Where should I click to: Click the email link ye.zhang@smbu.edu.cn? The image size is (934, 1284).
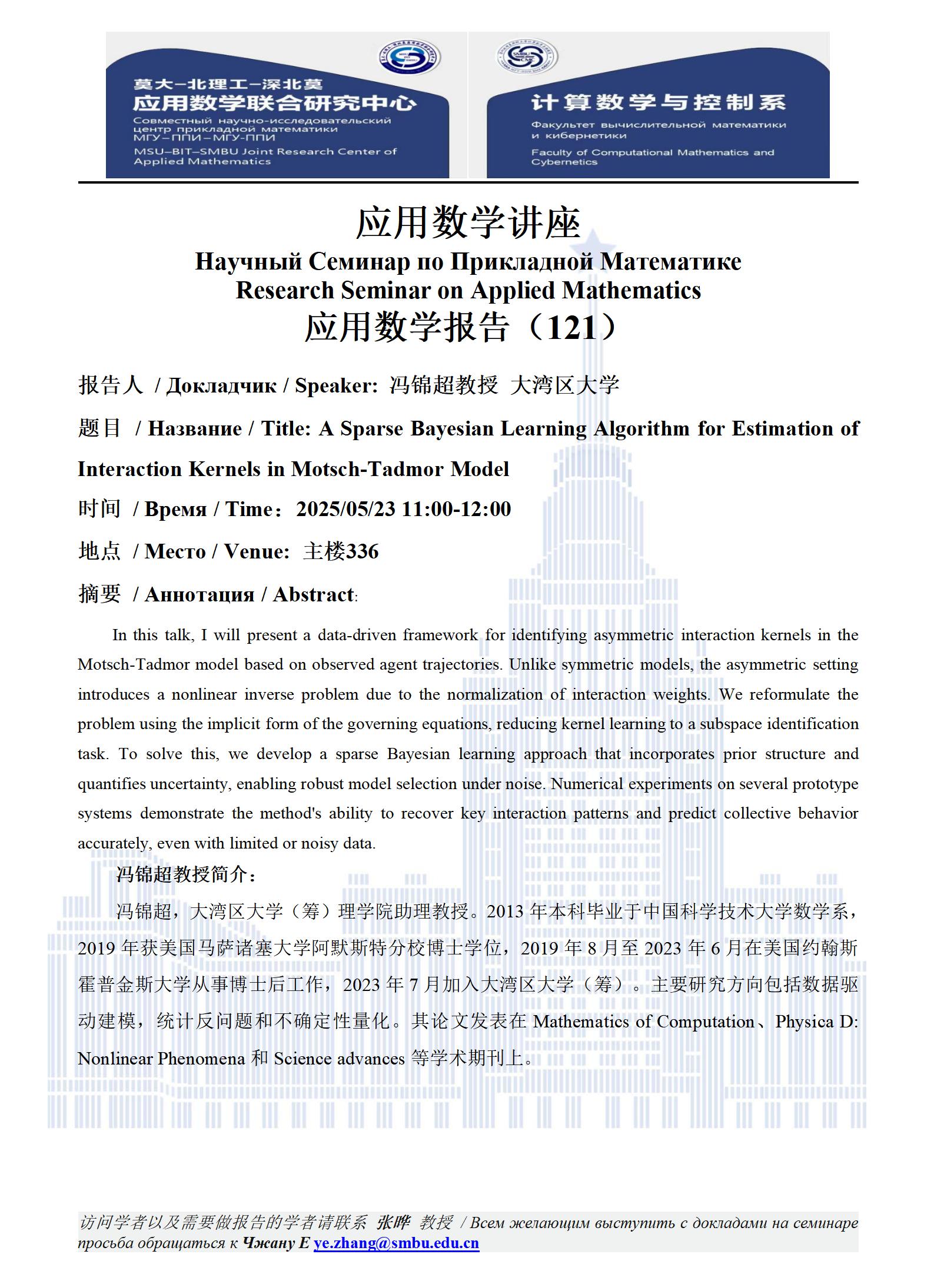tap(396, 1243)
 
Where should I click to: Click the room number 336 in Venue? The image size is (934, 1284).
tap(362, 551)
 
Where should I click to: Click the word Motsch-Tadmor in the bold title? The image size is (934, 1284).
tap(368, 469)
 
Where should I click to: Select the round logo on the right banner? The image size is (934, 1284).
tap(527, 56)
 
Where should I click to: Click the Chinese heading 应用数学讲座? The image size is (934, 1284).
tap(468, 224)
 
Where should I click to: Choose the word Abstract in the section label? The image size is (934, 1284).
tap(313, 594)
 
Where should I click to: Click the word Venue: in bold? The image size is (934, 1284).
tap(257, 551)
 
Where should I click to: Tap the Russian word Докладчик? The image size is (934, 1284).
tap(221, 385)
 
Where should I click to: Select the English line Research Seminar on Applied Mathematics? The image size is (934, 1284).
tap(468, 290)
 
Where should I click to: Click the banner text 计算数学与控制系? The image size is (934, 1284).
tap(658, 102)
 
